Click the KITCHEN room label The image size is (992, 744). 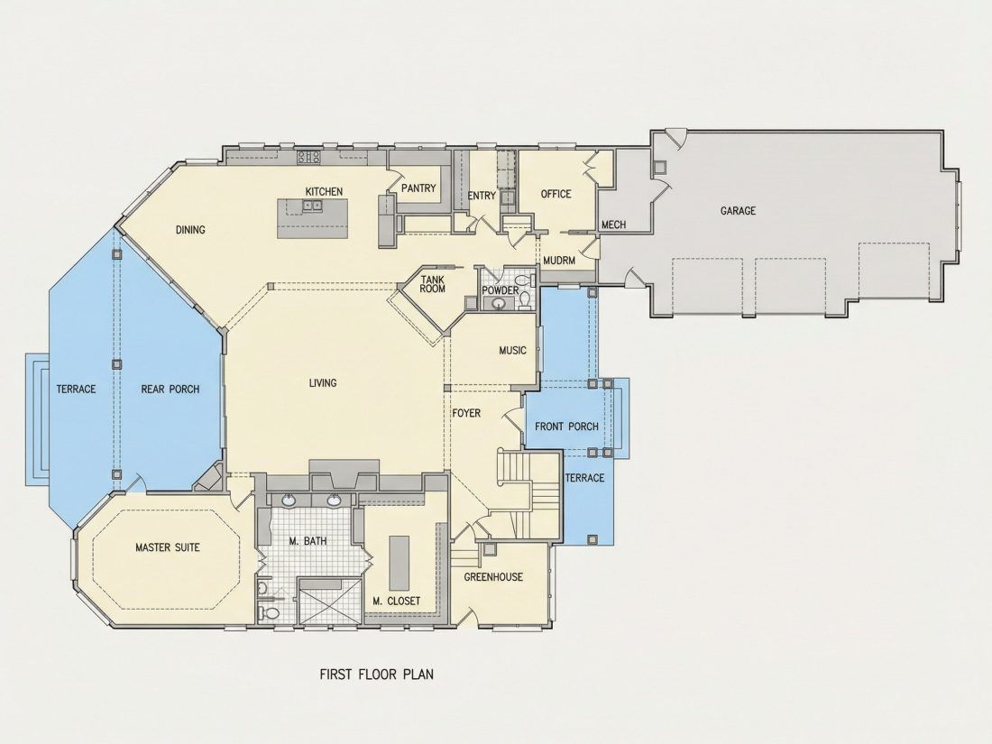click(324, 192)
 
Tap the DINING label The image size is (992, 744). click(190, 230)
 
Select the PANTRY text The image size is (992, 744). click(418, 188)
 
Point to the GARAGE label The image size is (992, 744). click(738, 211)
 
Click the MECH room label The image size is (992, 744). click(613, 225)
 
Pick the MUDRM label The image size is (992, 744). click(559, 260)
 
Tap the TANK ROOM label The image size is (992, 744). click(433, 284)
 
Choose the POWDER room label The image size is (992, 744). click(501, 290)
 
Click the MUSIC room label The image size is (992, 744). click(512, 351)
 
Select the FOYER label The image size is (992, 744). click(466, 413)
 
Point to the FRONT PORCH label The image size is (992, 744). click(567, 427)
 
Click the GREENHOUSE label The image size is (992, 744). click(493, 577)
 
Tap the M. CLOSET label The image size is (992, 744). click(397, 601)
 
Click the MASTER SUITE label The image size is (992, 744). click(168, 547)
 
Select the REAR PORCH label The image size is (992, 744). click(170, 389)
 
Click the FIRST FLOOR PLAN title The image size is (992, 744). click(377, 674)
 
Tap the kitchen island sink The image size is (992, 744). click(311, 205)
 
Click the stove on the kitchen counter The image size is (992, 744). click(309, 156)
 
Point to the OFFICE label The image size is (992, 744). click(556, 194)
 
